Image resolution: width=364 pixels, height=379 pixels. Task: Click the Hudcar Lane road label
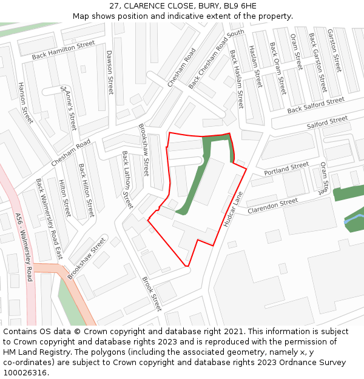coord(232,209)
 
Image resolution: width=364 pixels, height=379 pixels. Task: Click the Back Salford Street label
coord(315,105)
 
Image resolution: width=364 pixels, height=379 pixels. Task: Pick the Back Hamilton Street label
coord(64,50)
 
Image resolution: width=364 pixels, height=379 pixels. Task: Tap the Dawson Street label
coord(110,72)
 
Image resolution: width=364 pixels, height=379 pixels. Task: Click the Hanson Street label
coord(25,103)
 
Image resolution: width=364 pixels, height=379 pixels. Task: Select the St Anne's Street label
coord(69,108)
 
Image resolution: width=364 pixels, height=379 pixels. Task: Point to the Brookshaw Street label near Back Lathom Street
coord(143,150)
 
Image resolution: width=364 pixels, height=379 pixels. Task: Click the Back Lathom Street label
coord(127,179)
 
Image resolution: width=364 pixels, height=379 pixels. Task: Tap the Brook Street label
coord(152,294)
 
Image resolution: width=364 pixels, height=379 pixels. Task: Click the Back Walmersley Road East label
coord(49,219)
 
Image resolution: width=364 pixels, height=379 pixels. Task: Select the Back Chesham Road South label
coord(216,59)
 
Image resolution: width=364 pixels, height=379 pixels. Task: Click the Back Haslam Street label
coord(236,79)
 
